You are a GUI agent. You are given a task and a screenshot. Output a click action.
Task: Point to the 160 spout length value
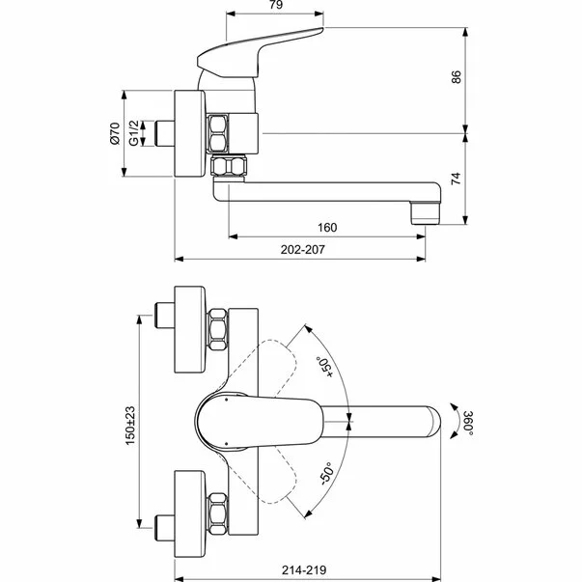pos(326,229)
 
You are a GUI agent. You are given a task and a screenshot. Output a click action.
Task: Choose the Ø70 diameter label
pos(114,133)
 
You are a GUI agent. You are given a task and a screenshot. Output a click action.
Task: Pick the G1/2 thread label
pos(136,133)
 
